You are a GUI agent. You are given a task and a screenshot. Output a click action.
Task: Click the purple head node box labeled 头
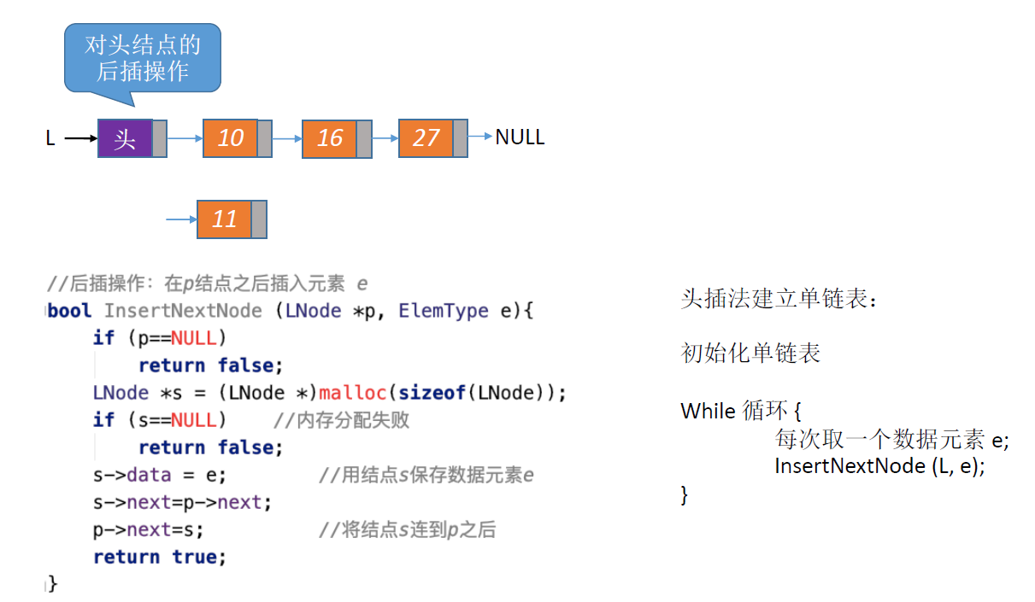(x=126, y=138)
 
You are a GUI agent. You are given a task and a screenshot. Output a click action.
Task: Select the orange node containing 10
(x=231, y=138)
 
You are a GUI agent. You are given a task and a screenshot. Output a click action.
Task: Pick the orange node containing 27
(x=426, y=138)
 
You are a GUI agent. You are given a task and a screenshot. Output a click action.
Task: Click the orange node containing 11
(x=225, y=219)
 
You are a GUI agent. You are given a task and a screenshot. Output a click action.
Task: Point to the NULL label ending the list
(x=520, y=137)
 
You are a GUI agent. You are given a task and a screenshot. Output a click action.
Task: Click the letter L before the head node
(x=50, y=138)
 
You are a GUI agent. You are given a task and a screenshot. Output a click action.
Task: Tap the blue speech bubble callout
(x=143, y=58)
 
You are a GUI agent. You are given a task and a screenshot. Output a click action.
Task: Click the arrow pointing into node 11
(x=181, y=219)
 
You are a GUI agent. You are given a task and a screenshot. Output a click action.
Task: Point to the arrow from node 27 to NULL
(x=480, y=137)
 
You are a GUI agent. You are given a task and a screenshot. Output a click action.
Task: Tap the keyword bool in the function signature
(x=70, y=311)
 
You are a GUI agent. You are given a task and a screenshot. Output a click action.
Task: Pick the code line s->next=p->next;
(x=182, y=502)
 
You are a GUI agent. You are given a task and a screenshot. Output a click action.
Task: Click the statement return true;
(x=160, y=557)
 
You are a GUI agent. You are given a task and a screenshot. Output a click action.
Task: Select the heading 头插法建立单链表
(x=779, y=299)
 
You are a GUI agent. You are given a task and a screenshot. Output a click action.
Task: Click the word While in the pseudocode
(x=709, y=411)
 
